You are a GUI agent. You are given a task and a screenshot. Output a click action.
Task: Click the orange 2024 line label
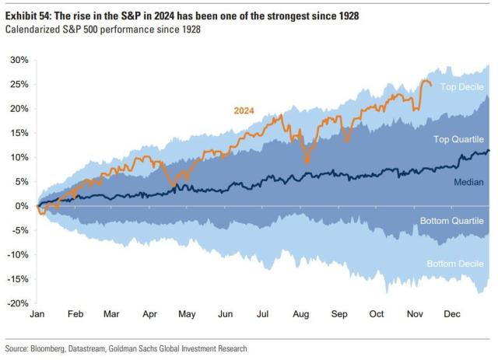pos(244,110)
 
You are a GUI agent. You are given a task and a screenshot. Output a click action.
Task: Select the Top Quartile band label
pos(458,138)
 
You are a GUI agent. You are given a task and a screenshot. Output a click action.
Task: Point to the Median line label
pos(468,182)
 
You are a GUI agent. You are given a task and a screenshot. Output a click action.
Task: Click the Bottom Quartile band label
pos(452,222)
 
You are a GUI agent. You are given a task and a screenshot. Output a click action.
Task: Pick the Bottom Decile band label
pos(455,264)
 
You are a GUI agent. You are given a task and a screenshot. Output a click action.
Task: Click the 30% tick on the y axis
pos(19,60)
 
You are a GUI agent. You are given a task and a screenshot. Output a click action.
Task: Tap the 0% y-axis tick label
pos(23,206)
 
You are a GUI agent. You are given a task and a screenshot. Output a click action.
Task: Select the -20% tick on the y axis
pos(19,303)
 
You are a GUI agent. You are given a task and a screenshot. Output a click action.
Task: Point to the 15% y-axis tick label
pos(19,133)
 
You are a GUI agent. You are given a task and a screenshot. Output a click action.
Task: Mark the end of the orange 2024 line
pos(432,85)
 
